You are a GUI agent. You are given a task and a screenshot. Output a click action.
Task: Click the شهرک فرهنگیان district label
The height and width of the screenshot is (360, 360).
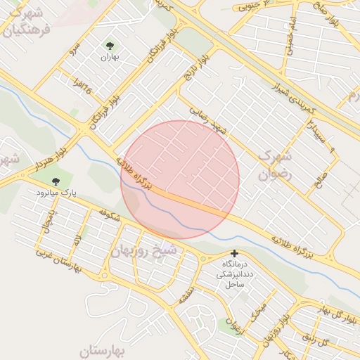(27, 22)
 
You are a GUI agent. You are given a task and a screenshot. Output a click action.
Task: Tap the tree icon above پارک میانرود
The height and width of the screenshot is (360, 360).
(56, 181)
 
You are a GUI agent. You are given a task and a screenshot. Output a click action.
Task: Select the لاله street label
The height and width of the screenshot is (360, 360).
(77, 243)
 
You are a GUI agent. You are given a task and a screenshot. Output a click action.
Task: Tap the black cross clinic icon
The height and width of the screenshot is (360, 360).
(234, 254)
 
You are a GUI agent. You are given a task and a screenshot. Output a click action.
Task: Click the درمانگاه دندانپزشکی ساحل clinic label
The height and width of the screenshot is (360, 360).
(234, 274)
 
